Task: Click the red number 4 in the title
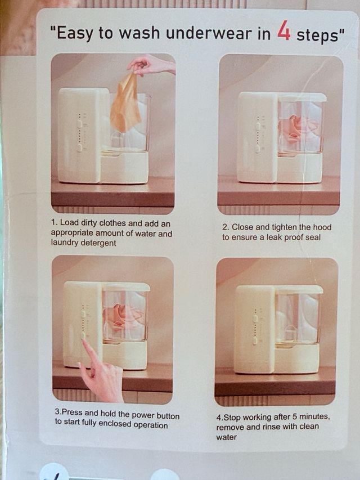click(283, 31)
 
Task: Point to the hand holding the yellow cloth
click(150, 65)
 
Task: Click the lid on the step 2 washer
click(302, 97)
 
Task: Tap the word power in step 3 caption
click(143, 415)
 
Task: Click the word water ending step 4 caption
click(227, 437)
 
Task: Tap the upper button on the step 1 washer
click(79, 123)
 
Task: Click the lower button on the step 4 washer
click(255, 340)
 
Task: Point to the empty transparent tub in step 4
click(297, 318)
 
